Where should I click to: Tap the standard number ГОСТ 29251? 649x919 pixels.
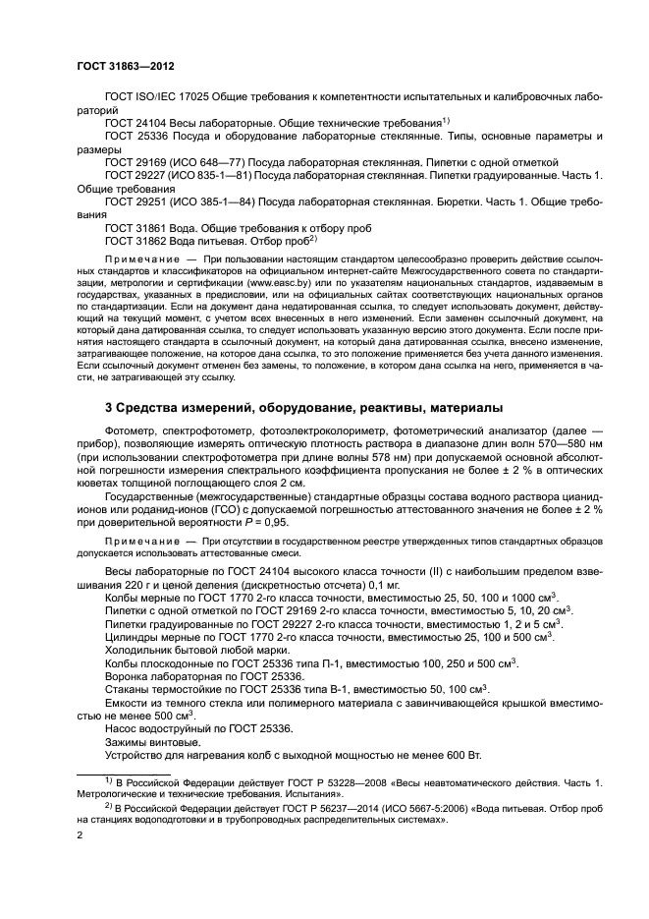pyautogui.click(x=135, y=200)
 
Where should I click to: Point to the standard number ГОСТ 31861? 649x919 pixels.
pyautogui.click(x=135, y=226)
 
